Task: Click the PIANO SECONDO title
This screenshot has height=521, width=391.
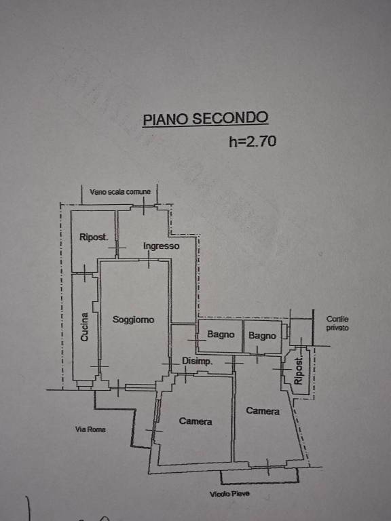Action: click(206, 119)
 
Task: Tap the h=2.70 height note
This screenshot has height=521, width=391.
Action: click(253, 142)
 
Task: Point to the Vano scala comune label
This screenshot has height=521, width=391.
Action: click(120, 192)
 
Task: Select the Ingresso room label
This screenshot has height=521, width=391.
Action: click(162, 246)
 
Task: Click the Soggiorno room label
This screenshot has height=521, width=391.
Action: click(133, 320)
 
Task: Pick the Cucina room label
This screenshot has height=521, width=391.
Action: click(85, 327)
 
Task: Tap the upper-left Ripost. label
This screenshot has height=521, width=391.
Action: click(94, 237)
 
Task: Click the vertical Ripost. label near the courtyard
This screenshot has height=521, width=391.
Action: click(299, 371)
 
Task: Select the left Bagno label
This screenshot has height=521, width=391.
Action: click(221, 334)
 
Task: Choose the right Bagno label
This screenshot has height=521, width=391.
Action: click(262, 336)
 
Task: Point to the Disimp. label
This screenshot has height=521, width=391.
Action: click(197, 361)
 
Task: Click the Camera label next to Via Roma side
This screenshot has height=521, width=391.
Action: click(195, 421)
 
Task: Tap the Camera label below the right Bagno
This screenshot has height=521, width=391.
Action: click(263, 411)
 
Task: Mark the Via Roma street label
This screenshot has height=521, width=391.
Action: click(90, 429)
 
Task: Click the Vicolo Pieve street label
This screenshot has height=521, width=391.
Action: click(229, 494)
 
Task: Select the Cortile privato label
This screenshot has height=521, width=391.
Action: click(337, 324)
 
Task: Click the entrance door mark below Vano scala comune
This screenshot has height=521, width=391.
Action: click(144, 206)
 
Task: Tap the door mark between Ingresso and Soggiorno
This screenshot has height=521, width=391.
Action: click(149, 260)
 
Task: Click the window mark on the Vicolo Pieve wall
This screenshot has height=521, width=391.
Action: click(268, 467)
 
